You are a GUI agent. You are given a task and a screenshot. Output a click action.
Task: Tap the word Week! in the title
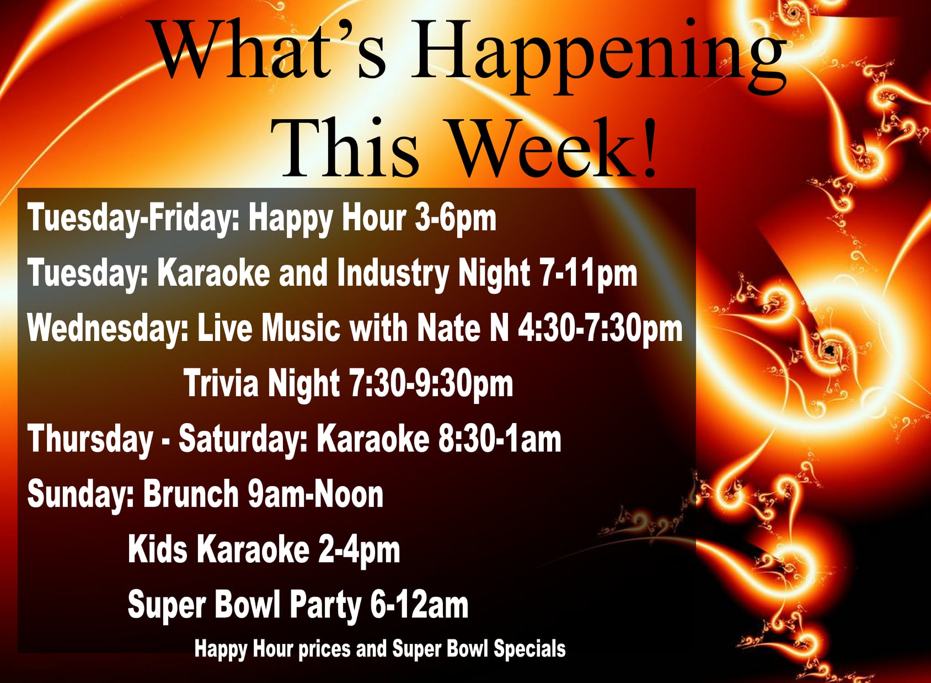(x=555, y=149)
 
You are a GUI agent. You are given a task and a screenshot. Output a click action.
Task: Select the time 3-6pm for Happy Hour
(x=456, y=219)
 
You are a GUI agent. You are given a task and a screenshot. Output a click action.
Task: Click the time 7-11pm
(x=588, y=274)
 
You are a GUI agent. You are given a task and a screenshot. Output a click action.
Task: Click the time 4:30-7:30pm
(x=600, y=329)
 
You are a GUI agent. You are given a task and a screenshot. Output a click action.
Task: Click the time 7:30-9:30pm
(x=432, y=384)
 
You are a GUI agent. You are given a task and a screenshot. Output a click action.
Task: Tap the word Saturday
(x=243, y=439)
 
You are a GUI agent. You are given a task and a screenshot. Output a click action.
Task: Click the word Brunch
(x=191, y=494)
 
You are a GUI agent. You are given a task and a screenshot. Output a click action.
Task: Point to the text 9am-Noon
(x=315, y=494)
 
